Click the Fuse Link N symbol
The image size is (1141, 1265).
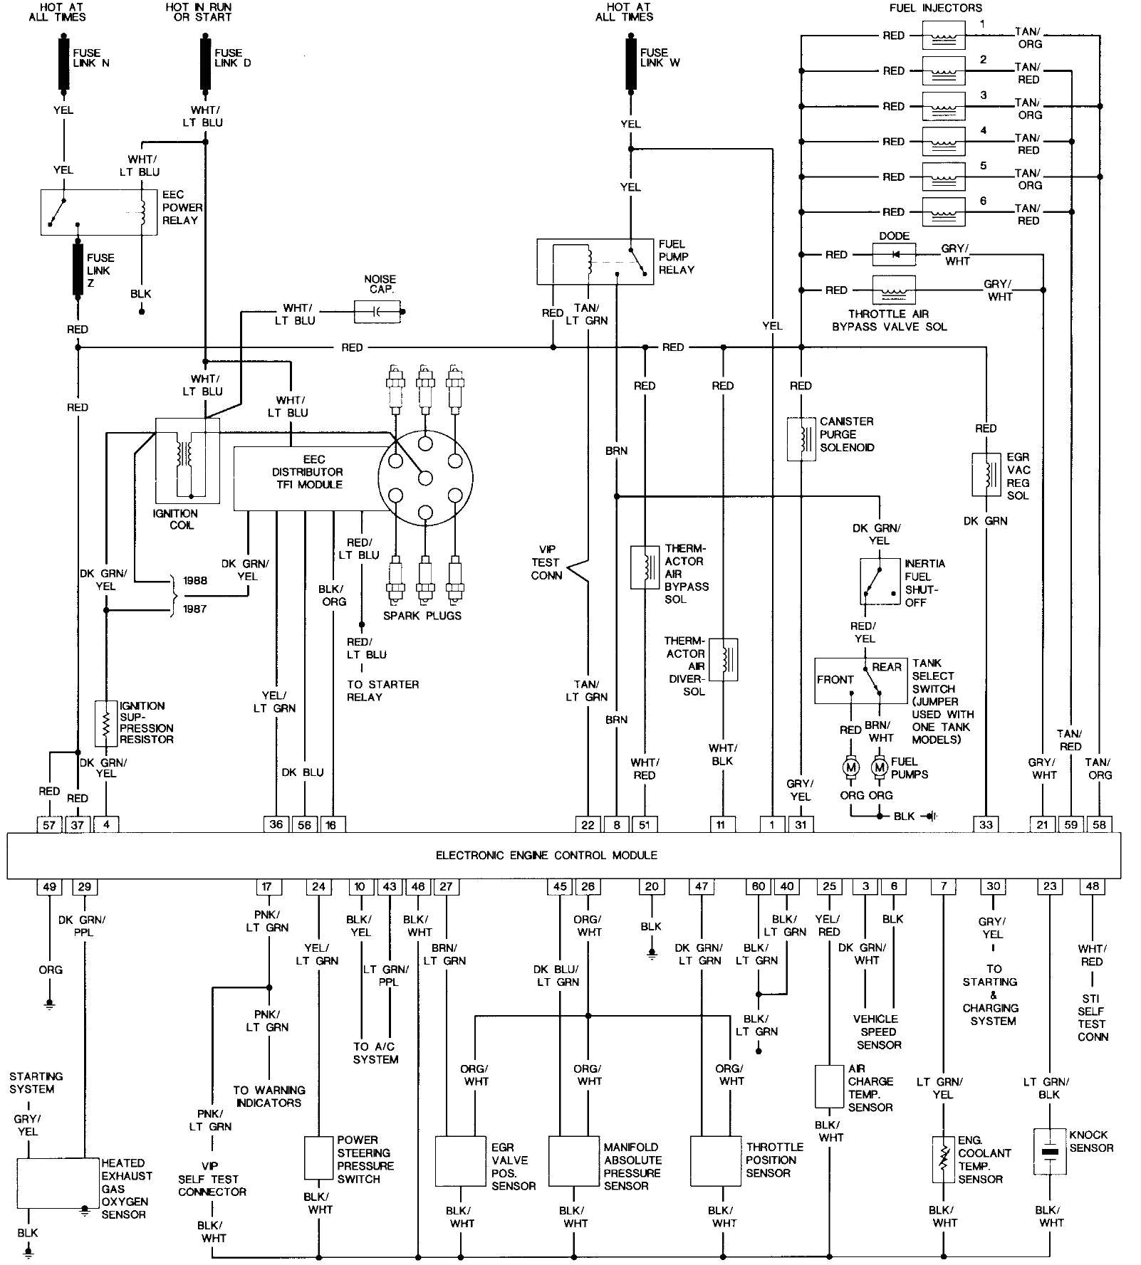point(63,64)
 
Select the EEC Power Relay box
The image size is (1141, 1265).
point(98,211)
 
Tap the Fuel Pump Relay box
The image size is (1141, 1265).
point(595,262)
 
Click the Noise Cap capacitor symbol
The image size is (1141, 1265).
point(377,311)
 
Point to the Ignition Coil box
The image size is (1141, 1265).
point(187,461)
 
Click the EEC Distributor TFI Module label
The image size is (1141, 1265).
point(307,472)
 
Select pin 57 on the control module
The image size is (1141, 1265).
point(49,824)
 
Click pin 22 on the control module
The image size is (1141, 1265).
point(588,824)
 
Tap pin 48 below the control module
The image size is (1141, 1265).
point(1092,887)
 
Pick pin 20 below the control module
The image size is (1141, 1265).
point(651,887)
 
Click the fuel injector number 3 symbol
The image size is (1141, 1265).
point(944,106)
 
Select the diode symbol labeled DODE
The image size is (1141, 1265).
point(894,254)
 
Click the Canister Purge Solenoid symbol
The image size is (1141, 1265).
point(801,439)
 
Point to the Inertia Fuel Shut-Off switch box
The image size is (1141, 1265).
point(880,581)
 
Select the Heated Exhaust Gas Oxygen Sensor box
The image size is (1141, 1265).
point(58,1182)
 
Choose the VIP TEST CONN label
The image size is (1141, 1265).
point(546,562)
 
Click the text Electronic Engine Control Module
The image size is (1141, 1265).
point(546,856)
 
